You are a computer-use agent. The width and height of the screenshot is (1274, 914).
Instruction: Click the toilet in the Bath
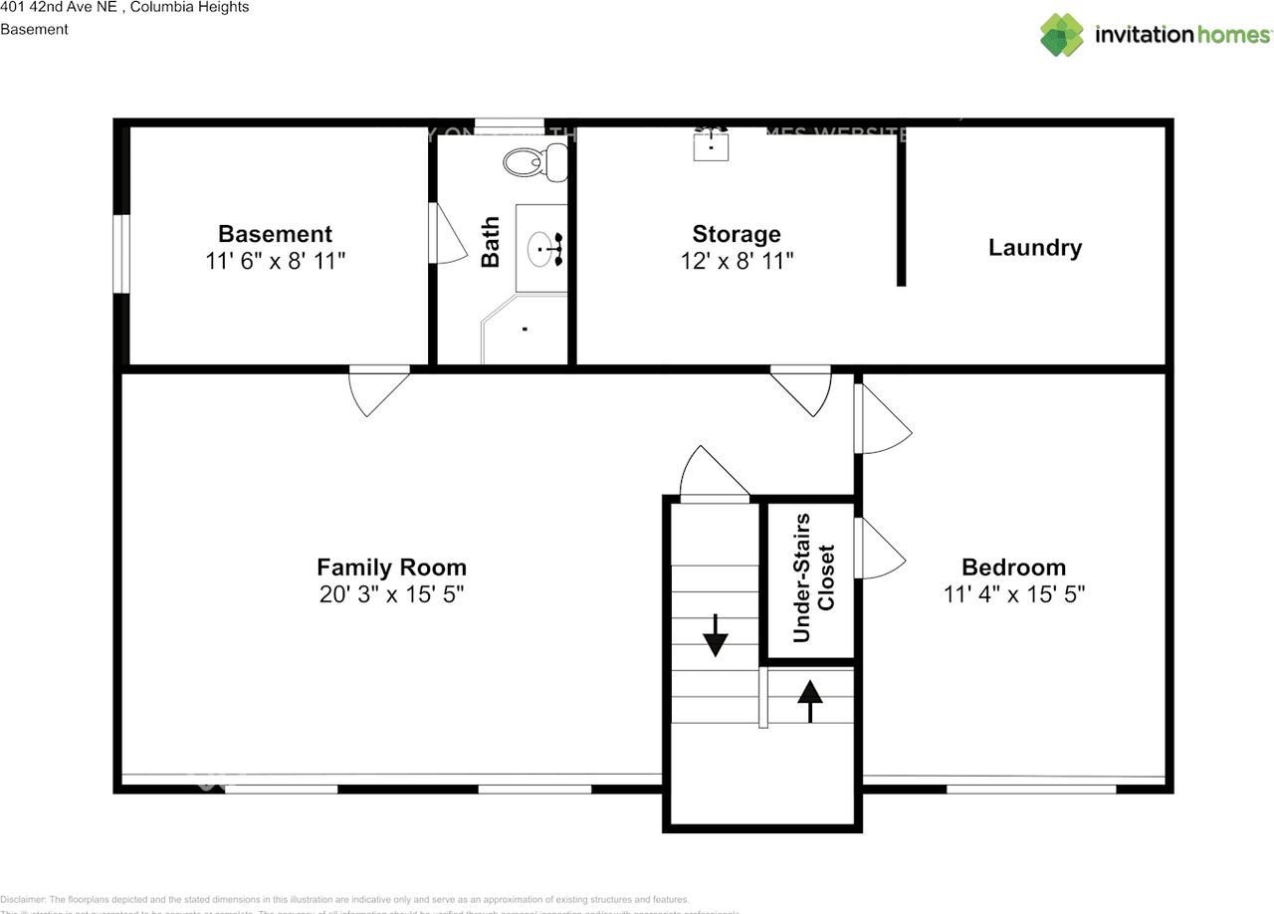[x=527, y=161]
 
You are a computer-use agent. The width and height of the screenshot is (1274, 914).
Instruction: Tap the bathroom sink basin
[x=542, y=249]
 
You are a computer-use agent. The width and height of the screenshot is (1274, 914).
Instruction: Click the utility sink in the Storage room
[x=711, y=144]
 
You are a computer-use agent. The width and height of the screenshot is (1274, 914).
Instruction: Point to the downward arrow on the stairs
[x=715, y=634]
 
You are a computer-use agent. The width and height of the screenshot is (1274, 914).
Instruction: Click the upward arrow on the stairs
[x=810, y=700]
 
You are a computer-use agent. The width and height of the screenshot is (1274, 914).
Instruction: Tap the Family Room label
[x=391, y=568]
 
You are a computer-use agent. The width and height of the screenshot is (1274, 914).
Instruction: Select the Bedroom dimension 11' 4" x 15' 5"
[x=1013, y=594]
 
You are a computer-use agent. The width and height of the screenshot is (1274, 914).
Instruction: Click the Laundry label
[x=1034, y=248]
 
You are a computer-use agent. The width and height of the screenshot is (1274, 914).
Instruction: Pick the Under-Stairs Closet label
[x=812, y=577]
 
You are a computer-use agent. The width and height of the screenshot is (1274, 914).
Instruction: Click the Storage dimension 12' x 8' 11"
[x=737, y=261]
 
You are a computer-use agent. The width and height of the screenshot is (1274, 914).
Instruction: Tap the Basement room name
[x=275, y=234]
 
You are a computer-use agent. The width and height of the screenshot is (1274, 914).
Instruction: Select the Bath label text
[x=491, y=243]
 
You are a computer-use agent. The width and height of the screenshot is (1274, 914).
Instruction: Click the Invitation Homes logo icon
[x=1061, y=35]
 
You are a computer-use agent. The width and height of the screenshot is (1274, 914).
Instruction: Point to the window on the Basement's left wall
[x=120, y=254]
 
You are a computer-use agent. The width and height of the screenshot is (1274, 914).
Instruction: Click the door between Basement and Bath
[x=445, y=235]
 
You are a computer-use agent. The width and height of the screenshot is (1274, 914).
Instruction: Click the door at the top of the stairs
[x=715, y=476]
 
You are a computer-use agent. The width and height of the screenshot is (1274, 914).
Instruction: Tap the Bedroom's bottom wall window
[x=1030, y=790]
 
